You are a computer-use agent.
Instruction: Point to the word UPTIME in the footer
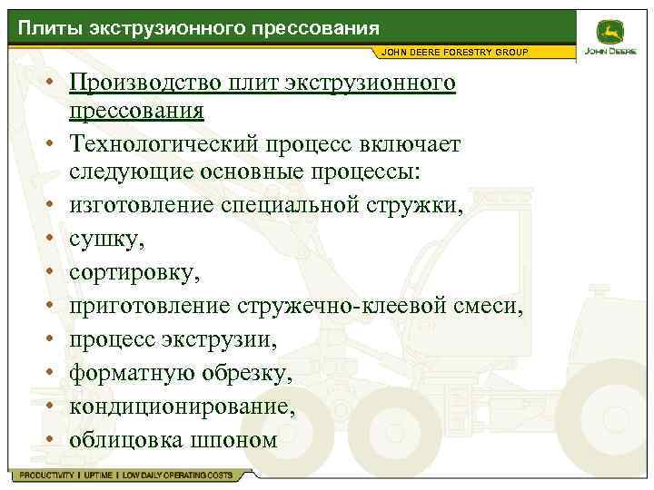coord(97,475)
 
